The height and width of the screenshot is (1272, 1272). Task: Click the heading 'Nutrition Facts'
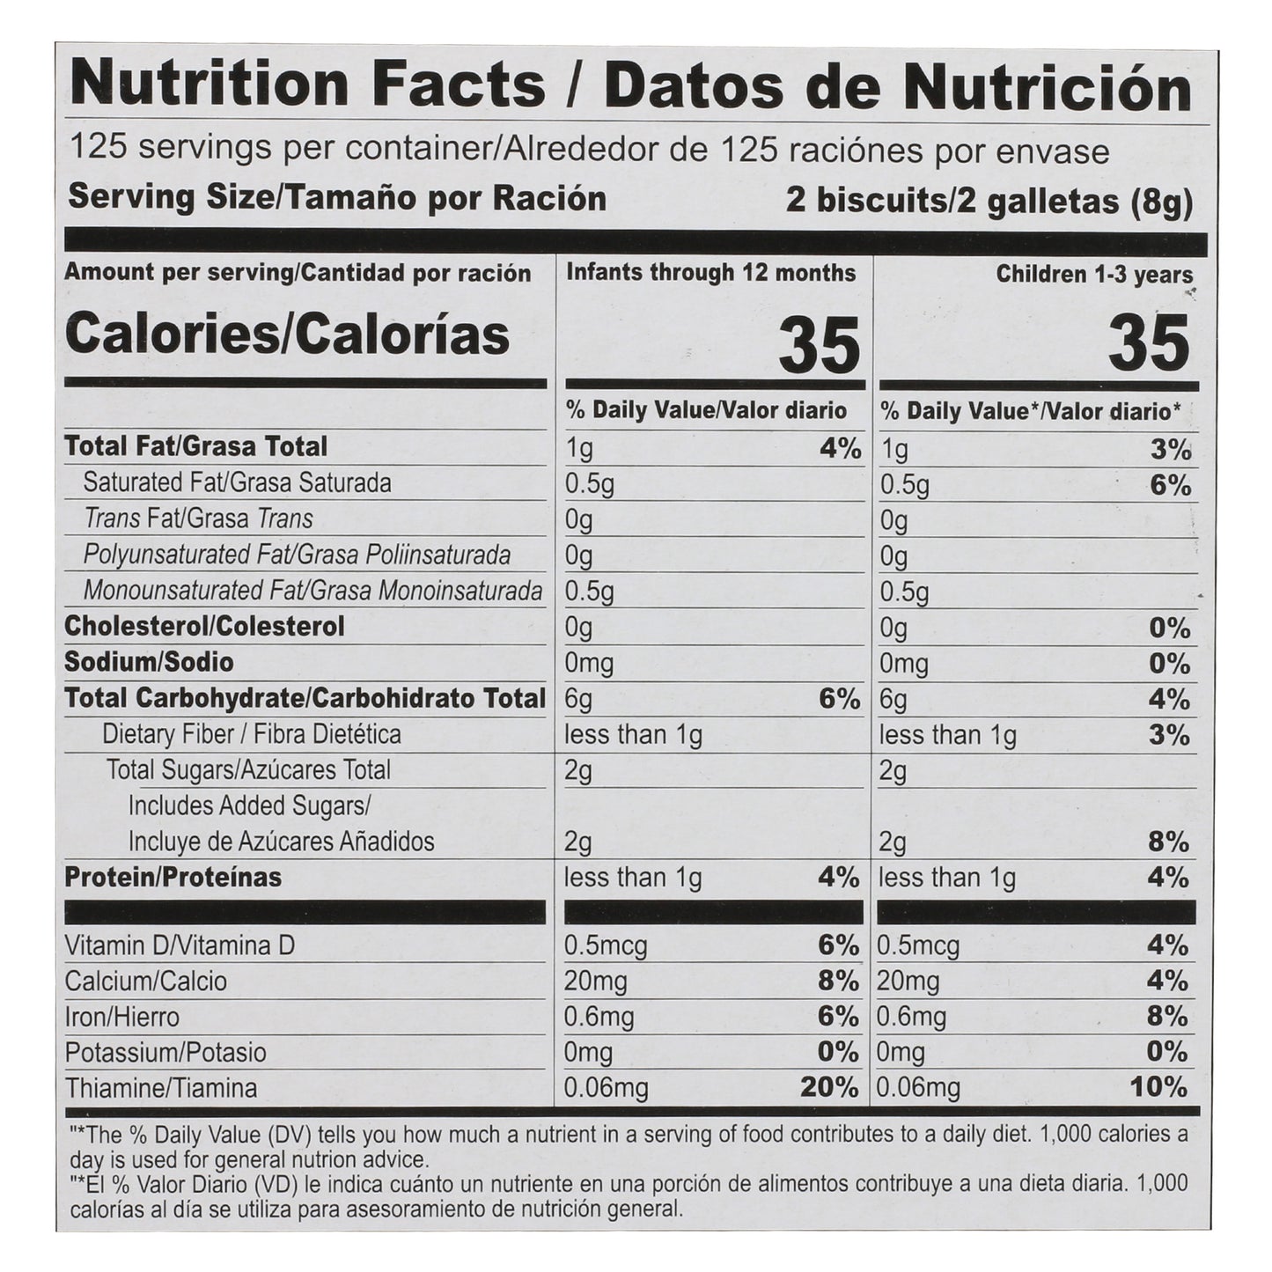coord(307,85)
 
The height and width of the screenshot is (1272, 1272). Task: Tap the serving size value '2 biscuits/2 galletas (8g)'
coord(989,202)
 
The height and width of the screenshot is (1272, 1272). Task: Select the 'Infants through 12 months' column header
coord(710,273)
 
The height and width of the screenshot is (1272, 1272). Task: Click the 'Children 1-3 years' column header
coord(1094,275)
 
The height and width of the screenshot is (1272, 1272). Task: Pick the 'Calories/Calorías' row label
coord(287,335)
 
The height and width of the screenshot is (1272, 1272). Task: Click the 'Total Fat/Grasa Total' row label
coord(195,446)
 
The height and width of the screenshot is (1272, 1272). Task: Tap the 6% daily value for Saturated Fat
coord(1170,485)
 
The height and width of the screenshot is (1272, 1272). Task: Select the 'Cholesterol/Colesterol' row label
coord(204,627)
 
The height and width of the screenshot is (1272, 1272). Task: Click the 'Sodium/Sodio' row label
coord(149,662)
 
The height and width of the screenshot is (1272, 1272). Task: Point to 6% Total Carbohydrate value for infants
coord(839,699)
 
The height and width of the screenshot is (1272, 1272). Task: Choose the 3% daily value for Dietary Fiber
coord(1170,735)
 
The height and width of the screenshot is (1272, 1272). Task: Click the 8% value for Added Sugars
coord(1170,842)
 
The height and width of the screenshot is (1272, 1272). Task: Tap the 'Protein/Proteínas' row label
coord(173,878)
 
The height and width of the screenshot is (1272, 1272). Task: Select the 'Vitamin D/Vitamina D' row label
coord(180,946)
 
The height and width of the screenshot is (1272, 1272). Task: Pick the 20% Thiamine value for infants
coord(828,1088)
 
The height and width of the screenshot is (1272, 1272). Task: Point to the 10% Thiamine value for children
coord(1158,1088)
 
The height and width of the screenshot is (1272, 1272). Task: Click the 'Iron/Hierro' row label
coord(121,1018)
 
